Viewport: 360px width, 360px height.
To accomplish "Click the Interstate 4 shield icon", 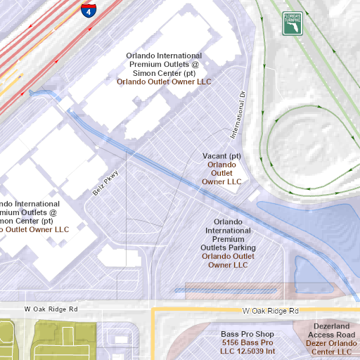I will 87,11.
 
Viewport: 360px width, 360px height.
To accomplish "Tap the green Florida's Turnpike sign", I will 292,23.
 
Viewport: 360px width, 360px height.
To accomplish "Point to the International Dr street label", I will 236,112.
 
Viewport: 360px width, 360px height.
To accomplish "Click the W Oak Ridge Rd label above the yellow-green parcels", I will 51,309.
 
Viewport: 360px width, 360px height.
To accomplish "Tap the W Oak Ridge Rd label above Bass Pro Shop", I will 270,310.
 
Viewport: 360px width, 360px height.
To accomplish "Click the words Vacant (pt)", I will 221,155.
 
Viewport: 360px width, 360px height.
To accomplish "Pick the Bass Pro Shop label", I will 246,335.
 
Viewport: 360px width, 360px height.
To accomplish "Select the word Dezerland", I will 331,326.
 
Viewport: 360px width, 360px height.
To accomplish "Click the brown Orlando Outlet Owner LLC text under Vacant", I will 221,173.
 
